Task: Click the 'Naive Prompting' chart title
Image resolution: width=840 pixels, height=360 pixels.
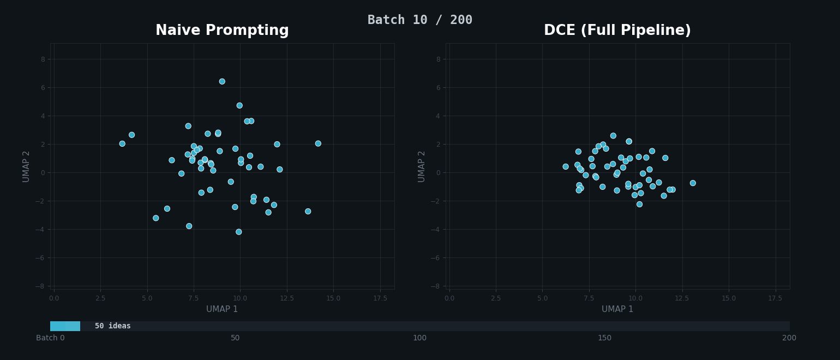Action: pyautogui.click(x=222, y=31)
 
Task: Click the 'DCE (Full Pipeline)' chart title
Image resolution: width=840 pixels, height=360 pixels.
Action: pyautogui.click(x=617, y=31)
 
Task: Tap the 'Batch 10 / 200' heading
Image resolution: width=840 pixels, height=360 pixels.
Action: pyautogui.click(x=419, y=20)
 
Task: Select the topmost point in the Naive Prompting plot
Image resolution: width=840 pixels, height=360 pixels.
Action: pyautogui.click(x=222, y=81)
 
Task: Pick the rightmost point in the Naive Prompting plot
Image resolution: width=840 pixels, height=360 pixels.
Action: pyautogui.click(x=318, y=143)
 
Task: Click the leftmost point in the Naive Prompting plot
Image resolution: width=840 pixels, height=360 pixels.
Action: pyautogui.click(x=122, y=143)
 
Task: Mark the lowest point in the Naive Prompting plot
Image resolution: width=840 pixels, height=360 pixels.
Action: pyautogui.click(x=238, y=232)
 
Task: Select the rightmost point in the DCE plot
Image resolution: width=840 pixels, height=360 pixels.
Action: pyautogui.click(x=693, y=183)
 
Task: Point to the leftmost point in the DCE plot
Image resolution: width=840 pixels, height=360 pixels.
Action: pyautogui.click(x=566, y=167)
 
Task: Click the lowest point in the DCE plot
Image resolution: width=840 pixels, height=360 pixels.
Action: pyautogui.click(x=639, y=204)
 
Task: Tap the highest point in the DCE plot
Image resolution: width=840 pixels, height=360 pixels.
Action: pyautogui.click(x=613, y=136)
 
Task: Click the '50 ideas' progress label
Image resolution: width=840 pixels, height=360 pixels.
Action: pyautogui.click(x=113, y=326)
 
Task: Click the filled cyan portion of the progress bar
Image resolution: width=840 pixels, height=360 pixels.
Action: pyautogui.click(x=65, y=326)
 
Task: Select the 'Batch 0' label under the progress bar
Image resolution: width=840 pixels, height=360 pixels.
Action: pyautogui.click(x=50, y=338)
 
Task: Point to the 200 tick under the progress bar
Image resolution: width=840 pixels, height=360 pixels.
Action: pyautogui.click(x=789, y=338)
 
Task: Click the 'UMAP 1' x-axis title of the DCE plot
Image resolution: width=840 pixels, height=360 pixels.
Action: pyautogui.click(x=617, y=309)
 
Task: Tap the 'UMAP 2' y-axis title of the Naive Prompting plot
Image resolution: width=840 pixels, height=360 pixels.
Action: pyautogui.click(x=26, y=166)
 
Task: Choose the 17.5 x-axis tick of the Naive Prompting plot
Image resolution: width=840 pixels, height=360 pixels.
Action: pyautogui.click(x=380, y=298)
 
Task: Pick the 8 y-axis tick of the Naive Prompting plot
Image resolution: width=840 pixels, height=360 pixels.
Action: pyautogui.click(x=43, y=59)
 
